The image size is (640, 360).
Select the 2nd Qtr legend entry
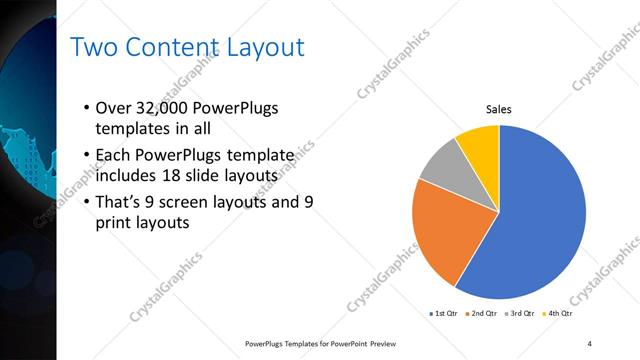coord(481,314)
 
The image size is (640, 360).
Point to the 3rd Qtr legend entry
coord(519,314)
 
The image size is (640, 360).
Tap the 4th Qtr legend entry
coord(557,314)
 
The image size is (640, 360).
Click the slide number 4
coord(590,343)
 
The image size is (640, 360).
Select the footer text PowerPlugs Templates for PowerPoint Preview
coord(328,343)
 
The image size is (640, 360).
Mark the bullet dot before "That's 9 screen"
coord(87,200)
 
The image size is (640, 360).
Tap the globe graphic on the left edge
coord(25,130)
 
